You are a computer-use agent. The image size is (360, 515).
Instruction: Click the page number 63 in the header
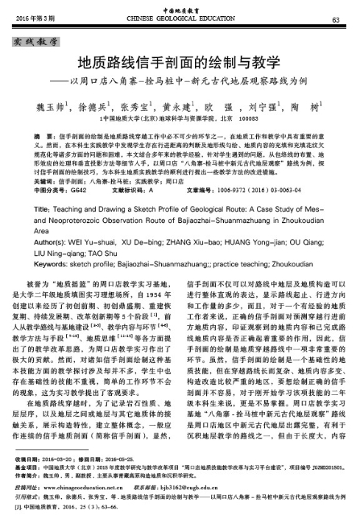[x=335, y=18]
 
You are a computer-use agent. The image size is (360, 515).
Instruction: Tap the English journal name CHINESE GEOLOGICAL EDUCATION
[x=180, y=18]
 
